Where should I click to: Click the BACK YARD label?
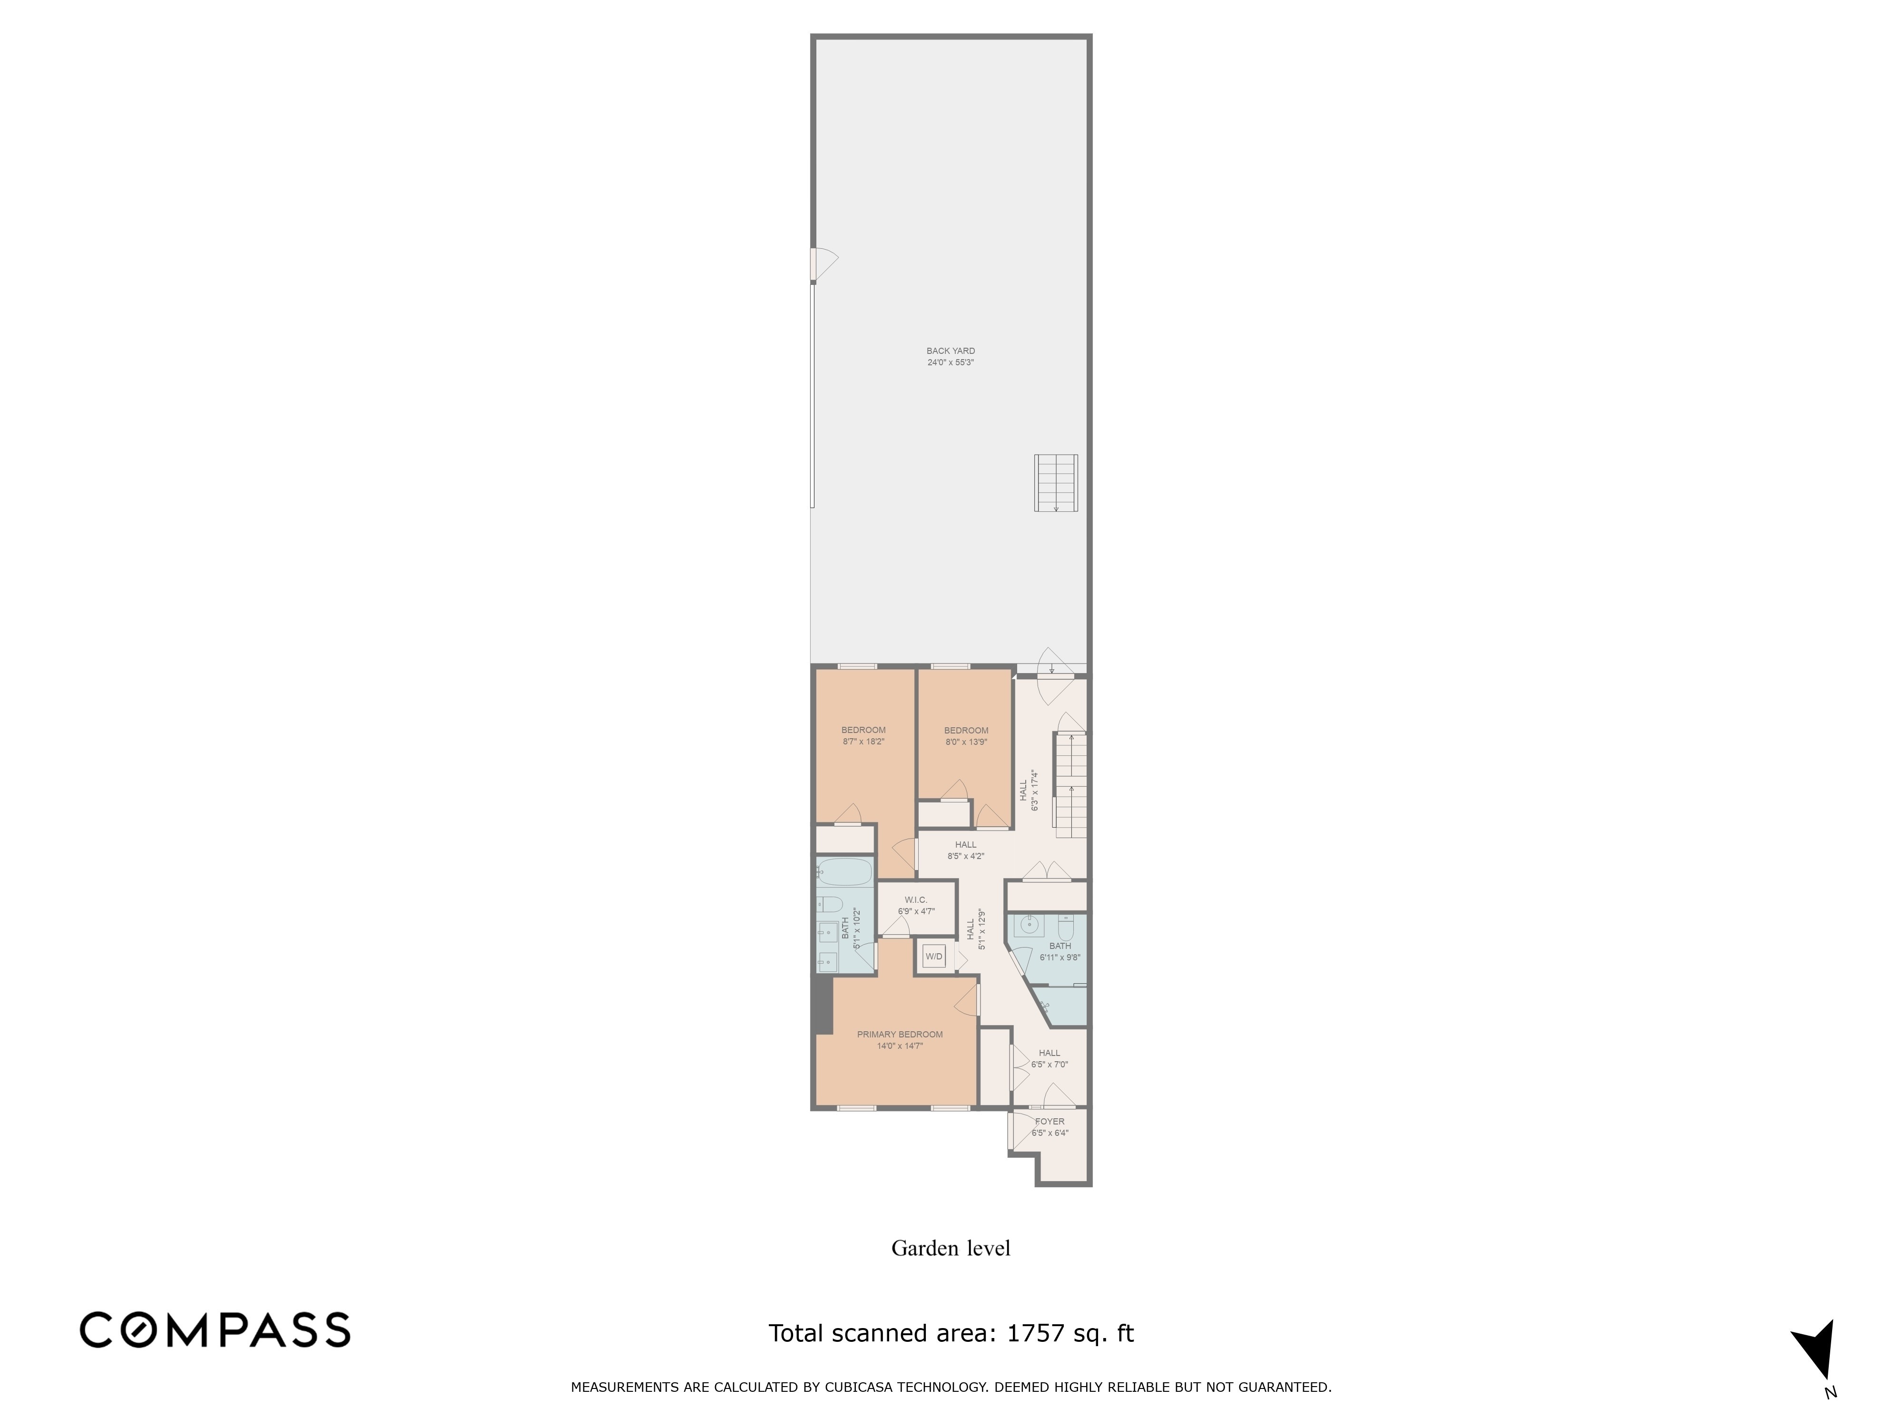pos(951,351)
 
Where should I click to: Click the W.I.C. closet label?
pos(915,900)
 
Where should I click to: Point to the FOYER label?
pos(1050,1122)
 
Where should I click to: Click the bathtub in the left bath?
pos(845,874)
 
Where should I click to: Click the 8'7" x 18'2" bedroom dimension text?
pos(864,742)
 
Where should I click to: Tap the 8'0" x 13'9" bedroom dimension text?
pos(966,742)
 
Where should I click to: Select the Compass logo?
pos(215,1330)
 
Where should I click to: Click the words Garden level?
pos(951,1248)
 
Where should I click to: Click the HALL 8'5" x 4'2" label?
pos(965,850)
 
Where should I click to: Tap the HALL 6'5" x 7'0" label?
pos(1050,1058)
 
